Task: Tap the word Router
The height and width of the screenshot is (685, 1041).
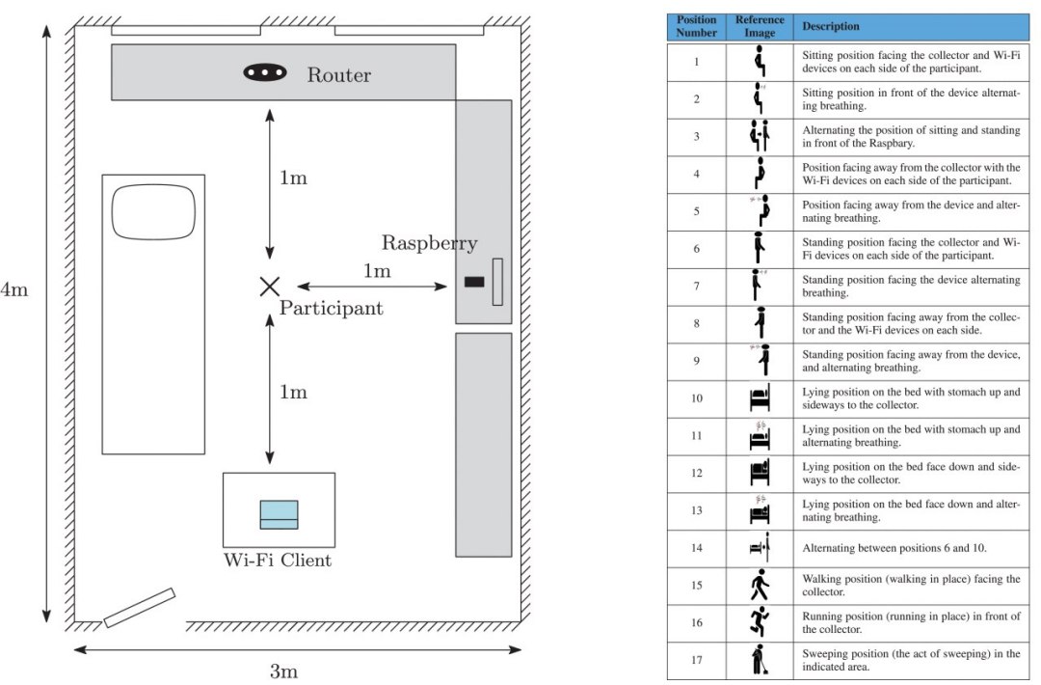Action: (338, 75)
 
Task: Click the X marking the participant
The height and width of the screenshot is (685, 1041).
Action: (269, 286)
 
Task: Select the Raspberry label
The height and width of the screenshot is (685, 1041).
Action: (429, 243)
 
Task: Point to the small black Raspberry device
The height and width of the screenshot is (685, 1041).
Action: (473, 282)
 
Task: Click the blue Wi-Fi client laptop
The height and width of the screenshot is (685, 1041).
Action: (279, 514)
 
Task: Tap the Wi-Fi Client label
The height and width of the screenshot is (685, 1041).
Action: (279, 561)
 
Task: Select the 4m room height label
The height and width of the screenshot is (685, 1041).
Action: (14, 290)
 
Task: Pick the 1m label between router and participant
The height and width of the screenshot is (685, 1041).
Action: (293, 178)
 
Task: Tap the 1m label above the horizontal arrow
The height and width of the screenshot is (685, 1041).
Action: (377, 271)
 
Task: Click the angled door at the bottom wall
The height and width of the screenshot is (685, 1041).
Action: (139, 608)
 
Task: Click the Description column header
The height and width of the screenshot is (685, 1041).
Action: (831, 27)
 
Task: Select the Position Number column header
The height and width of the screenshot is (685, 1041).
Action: (697, 26)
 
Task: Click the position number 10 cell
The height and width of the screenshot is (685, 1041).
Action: (697, 398)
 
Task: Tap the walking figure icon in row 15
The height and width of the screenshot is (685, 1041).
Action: (760, 586)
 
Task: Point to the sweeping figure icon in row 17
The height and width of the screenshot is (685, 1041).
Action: (760, 661)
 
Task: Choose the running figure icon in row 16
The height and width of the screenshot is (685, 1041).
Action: (760, 623)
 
